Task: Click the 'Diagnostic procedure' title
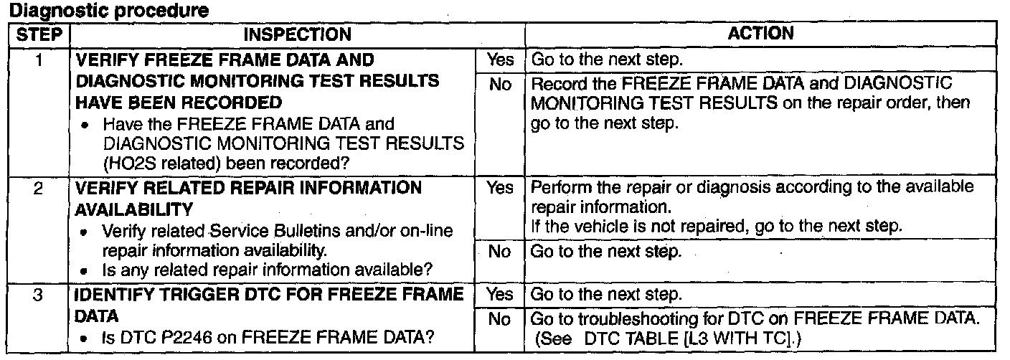pyautogui.click(x=108, y=9)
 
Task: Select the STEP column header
pyautogui.click(x=39, y=34)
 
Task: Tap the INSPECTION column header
pyautogui.click(x=297, y=34)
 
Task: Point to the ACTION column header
pyautogui.click(x=760, y=33)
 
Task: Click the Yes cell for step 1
pyautogui.click(x=500, y=60)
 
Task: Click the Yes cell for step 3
pyautogui.click(x=499, y=294)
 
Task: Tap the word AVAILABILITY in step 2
pyautogui.click(x=133, y=209)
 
